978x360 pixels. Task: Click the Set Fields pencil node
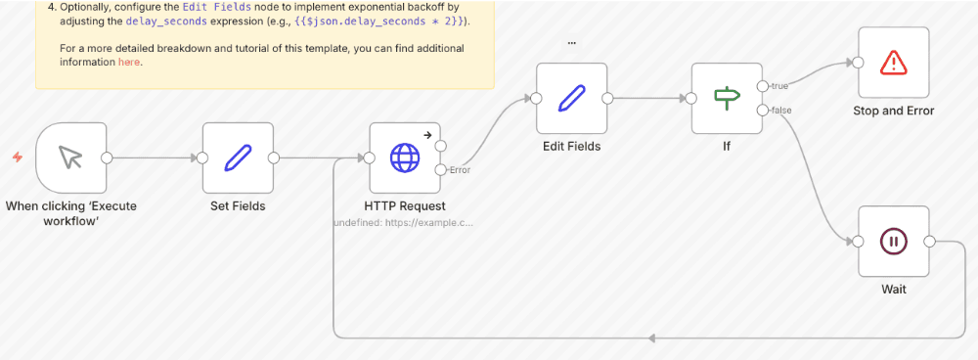(238, 157)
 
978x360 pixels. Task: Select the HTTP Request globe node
(404, 157)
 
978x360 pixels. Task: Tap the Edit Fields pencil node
(571, 98)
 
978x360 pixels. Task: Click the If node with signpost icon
(726, 98)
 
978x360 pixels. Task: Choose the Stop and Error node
(893, 63)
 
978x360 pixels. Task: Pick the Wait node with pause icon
(893, 241)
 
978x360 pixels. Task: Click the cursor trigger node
(70, 157)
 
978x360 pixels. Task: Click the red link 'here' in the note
(129, 62)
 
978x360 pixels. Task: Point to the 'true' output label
(780, 86)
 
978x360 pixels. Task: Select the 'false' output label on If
(781, 110)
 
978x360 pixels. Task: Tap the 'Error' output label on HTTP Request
(460, 170)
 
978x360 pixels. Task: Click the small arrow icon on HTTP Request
(426, 136)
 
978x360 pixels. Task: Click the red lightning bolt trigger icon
(17, 157)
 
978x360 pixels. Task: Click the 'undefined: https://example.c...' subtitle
(404, 223)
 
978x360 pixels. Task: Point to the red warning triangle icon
(893, 63)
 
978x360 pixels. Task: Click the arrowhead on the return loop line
(651, 337)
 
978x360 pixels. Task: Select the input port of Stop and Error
(858, 63)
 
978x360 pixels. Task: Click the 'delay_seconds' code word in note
(161, 21)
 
